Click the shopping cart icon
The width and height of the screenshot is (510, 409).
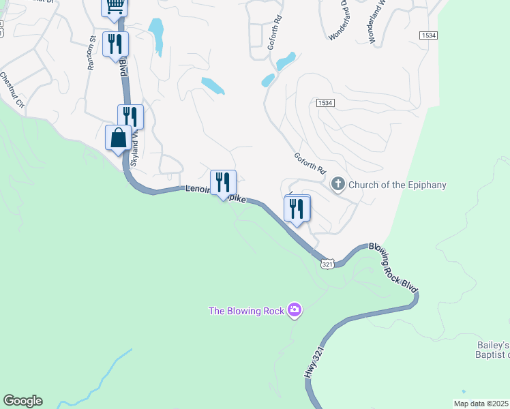point(115,7)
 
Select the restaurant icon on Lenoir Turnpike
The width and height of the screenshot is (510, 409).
point(223,183)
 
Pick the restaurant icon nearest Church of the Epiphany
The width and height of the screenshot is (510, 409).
point(297,209)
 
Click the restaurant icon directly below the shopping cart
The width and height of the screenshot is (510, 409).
point(115,44)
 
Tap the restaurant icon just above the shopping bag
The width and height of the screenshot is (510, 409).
point(130,117)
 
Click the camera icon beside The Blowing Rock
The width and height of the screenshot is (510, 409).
point(295,311)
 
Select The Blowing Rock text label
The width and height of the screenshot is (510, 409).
point(246,312)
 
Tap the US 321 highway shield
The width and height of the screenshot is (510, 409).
point(328,263)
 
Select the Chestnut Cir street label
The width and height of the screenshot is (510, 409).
point(12,90)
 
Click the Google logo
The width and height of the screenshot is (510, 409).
point(22,401)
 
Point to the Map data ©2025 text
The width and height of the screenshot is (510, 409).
point(481,404)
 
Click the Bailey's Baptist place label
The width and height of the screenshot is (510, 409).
point(493,349)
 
